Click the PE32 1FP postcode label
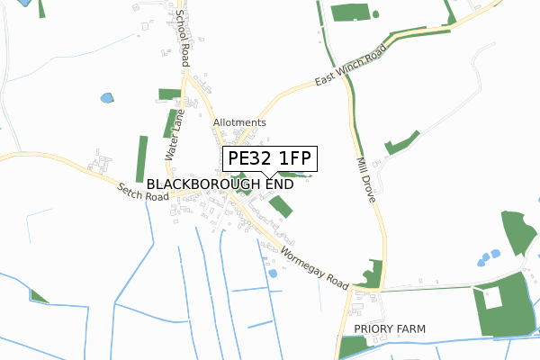coord(269,159)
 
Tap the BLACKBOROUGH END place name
coord(220,183)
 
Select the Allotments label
coord(239,122)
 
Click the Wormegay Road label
coord(313,267)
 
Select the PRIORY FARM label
coord(389,329)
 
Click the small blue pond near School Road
coord(108,97)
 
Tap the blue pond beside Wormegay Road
coord(272,273)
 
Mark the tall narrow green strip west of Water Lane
coord(141,159)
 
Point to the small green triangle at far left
coord(38,296)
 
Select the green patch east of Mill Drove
coord(401,143)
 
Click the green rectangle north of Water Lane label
coord(169,94)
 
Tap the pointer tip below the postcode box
coord(263,175)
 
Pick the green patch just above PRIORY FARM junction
coord(369,273)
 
